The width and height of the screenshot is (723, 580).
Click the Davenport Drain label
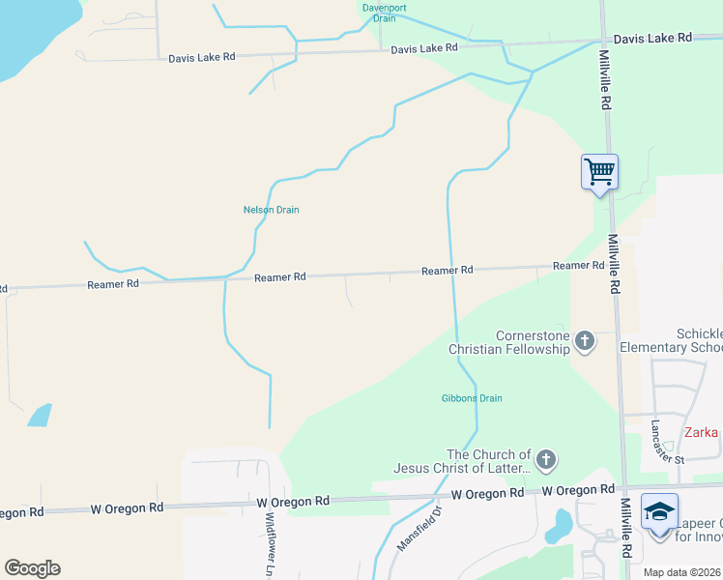click(x=379, y=13)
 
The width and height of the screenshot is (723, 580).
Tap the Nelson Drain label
click(x=271, y=209)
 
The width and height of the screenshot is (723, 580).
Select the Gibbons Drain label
click(x=472, y=398)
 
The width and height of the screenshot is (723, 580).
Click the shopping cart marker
click(x=599, y=172)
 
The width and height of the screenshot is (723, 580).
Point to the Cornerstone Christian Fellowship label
click(x=510, y=342)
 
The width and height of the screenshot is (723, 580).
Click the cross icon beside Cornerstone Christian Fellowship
click(x=584, y=340)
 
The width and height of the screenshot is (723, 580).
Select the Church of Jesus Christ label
click(x=462, y=461)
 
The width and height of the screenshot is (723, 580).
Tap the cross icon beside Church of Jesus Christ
click(x=545, y=460)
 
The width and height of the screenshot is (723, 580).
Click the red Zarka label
click(x=703, y=432)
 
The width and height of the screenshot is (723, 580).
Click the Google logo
click(x=32, y=568)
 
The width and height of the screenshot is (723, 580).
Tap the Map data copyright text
click(x=681, y=572)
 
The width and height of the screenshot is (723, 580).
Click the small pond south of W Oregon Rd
click(x=560, y=527)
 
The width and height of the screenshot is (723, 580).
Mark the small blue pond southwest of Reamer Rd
click(x=40, y=415)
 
